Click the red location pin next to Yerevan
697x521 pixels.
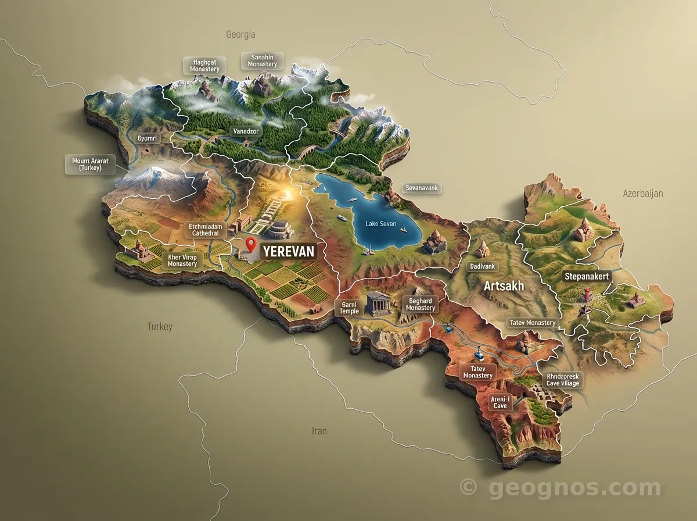click(251, 244)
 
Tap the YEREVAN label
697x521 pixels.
click(289, 251)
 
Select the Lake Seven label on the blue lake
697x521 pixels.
click(380, 224)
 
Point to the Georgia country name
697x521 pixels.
click(240, 34)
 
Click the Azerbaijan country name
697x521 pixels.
click(642, 193)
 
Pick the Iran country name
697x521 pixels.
click(319, 431)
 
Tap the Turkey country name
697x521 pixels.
click(159, 327)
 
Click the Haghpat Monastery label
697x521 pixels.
click(204, 65)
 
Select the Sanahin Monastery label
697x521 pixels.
click(262, 60)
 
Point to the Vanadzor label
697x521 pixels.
click(245, 131)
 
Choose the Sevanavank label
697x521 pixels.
click(422, 188)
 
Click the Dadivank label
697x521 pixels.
click(482, 266)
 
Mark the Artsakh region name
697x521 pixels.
click(504, 286)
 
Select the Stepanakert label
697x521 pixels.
click(587, 277)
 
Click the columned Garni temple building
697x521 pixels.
click(376, 304)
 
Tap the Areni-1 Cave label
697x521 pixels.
click(500, 402)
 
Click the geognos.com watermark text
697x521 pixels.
click(574, 488)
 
